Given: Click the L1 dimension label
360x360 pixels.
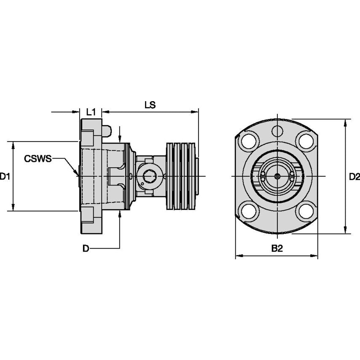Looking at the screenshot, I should (91, 112).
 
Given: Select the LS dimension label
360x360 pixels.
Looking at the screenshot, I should (150, 105).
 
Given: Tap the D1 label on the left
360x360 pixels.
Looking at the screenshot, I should (5, 176).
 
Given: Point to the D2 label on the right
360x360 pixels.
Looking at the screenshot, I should (355, 177).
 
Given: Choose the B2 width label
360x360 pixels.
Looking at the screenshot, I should (277, 249).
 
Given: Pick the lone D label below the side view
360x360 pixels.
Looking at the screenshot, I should (86, 249).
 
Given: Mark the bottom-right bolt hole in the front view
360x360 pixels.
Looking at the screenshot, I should (305, 211).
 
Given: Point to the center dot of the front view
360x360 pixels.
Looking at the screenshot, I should (277, 176).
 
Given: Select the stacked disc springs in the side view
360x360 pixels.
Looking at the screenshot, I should (182, 176).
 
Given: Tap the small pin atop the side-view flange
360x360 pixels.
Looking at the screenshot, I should (107, 131).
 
